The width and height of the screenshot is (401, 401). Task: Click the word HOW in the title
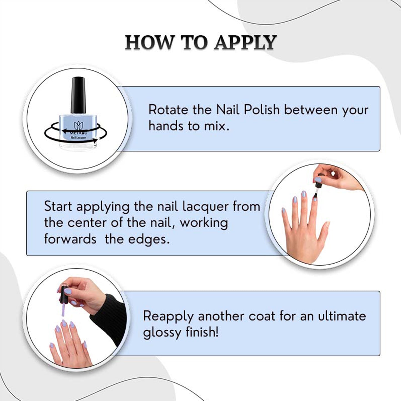pos(149,42)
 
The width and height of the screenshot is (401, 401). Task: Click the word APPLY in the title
pos(245,42)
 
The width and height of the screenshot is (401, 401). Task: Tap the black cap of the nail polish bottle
pos(78,95)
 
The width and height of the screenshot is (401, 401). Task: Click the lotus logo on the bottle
pos(79,126)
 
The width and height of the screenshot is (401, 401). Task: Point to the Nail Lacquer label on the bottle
pos(78,138)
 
